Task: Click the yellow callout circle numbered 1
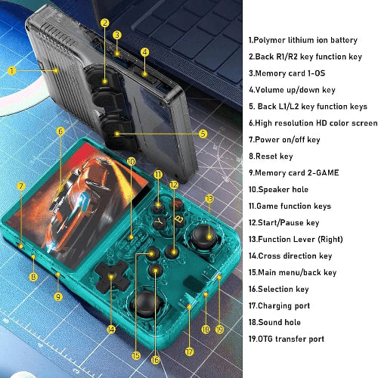point(13,70)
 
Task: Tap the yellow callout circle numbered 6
point(60,131)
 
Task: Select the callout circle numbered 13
point(209,199)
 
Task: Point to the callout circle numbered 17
point(189,351)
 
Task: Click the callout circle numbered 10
point(131,161)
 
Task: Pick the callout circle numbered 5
point(203,134)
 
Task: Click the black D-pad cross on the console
point(115,280)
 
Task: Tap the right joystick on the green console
point(202,238)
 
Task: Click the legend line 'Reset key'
point(275,156)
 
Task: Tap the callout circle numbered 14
point(111,330)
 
